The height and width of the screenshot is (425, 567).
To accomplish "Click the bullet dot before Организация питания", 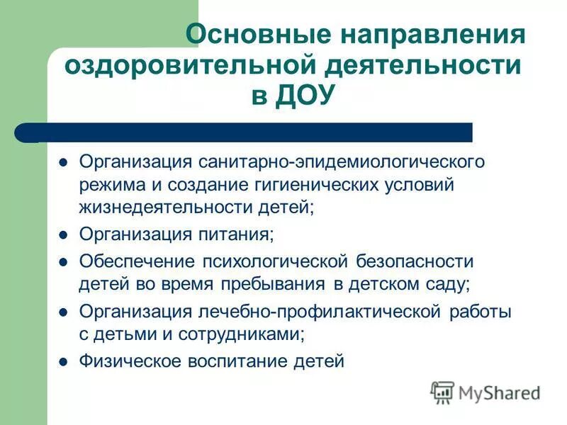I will click(x=62, y=233).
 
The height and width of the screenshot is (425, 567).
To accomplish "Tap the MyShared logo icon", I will click(x=442, y=391).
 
